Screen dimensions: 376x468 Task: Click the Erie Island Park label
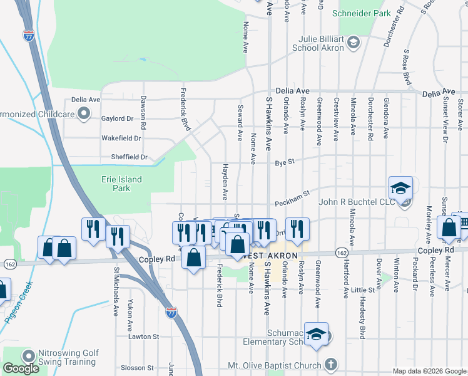(121, 183)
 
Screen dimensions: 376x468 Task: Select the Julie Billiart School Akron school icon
(354, 43)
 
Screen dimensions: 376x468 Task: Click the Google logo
(21, 368)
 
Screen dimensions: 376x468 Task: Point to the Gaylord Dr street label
(118, 118)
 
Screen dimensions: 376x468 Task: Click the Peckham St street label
(292, 201)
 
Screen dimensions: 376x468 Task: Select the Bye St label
(284, 163)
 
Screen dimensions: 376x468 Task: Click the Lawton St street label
(144, 337)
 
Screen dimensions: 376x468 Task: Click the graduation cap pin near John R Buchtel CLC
(400, 188)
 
